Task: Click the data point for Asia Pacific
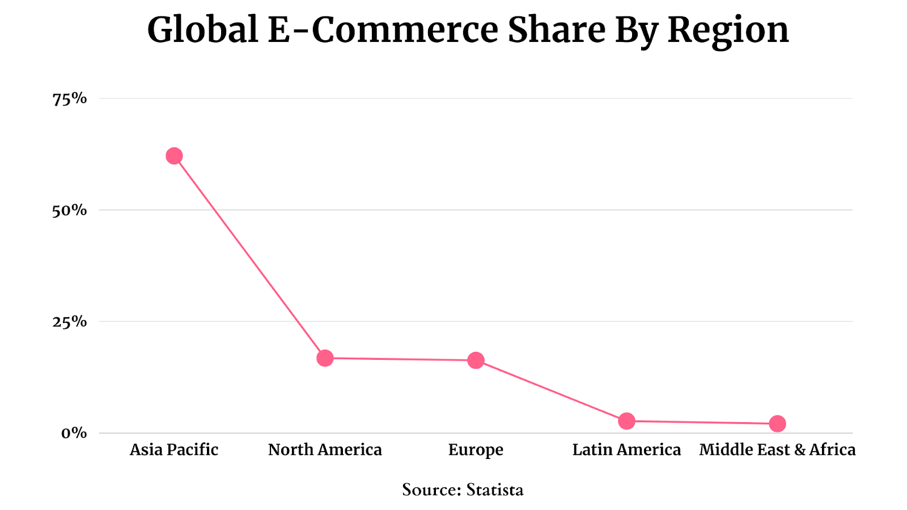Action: [x=174, y=156]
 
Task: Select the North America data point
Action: [x=325, y=358]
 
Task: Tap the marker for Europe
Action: [x=476, y=360]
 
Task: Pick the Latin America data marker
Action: [x=626, y=421]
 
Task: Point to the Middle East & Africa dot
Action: [x=777, y=423]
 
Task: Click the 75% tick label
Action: [x=70, y=99]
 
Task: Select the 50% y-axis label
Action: [x=70, y=211]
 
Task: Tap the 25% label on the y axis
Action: [x=70, y=322]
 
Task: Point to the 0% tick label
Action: [x=74, y=433]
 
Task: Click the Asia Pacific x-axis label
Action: [x=174, y=450]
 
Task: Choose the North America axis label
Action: [x=325, y=450]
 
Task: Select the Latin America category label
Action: [x=626, y=450]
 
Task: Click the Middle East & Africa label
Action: [x=777, y=450]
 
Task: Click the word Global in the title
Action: [x=202, y=29]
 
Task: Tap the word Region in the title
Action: [x=728, y=31]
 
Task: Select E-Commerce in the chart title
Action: [x=383, y=29]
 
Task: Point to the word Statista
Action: [x=494, y=490]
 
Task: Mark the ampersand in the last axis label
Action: [x=799, y=450]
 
